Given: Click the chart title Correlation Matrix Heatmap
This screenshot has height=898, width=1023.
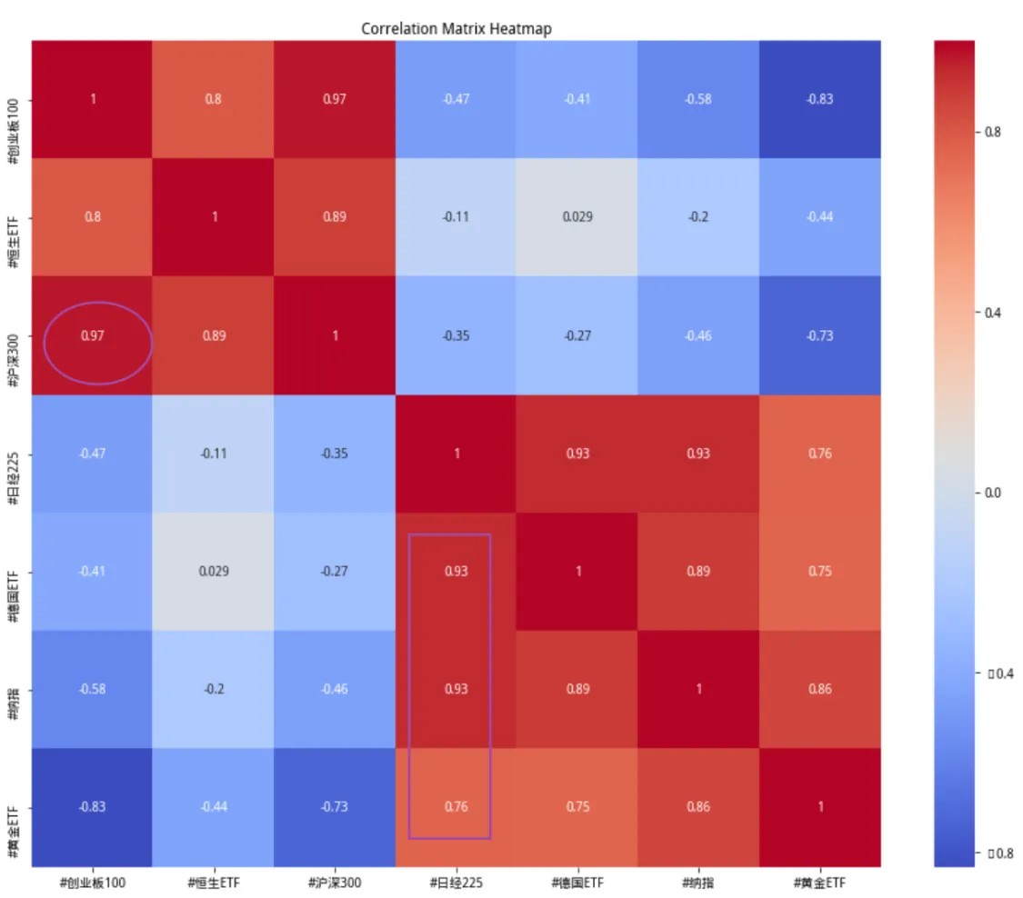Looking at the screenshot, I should (x=456, y=28).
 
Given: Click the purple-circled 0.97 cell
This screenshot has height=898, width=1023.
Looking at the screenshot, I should (x=93, y=335).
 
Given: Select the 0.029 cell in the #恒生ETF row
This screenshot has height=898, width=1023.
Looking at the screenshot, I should (x=577, y=217).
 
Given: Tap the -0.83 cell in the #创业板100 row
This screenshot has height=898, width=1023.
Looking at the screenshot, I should (x=819, y=99).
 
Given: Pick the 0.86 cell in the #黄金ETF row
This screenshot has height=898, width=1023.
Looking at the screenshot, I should (x=698, y=806).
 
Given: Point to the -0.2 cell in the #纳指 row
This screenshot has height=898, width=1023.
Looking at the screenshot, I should (x=214, y=689).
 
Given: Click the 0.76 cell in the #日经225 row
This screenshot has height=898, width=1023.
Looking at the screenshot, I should (x=819, y=454).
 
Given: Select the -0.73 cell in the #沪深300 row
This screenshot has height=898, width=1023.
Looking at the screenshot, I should (x=819, y=335).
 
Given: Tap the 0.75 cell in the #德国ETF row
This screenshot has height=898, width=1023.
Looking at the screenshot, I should (x=819, y=571).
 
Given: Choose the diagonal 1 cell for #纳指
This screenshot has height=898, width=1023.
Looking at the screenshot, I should (x=698, y=689).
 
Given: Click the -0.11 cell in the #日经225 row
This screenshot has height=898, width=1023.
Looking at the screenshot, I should (x=214, y=454).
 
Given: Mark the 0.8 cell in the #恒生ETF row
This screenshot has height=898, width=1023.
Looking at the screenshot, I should (x=93, y=217).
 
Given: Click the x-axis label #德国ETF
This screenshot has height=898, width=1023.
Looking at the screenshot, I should (x=577, y=882).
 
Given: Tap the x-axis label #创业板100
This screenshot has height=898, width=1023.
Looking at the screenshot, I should (x=93, y=882).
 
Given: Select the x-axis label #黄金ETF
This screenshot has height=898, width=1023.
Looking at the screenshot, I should (x=819, y=882).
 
